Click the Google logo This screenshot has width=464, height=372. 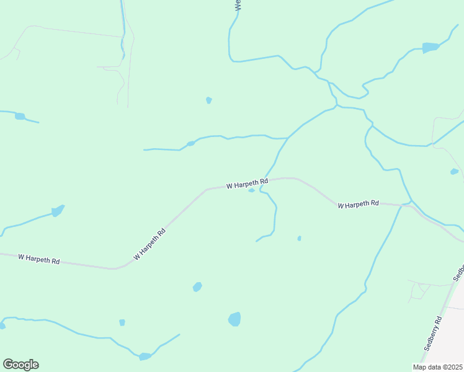pos(20,365)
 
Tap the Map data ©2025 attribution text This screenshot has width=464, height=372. pos(438,367)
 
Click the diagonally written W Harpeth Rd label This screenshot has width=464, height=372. pos(149,244)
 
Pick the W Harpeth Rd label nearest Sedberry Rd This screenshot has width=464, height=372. pos(359,204)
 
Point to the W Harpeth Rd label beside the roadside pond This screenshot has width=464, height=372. pos(247,184)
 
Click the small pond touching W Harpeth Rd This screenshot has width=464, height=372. pos(251,190)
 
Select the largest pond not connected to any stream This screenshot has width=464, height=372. pos(234,319)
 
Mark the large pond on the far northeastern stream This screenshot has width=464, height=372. pos(430,47)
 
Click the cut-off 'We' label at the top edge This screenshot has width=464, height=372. pos(238,5)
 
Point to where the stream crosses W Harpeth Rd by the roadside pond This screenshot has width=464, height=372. pos(266,180)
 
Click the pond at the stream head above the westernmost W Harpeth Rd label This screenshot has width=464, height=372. pos(57,211)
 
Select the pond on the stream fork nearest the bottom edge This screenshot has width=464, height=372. pos(145,356)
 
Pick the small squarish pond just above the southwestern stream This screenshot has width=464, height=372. pos(122,322)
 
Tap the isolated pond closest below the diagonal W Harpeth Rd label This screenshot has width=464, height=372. pos(197,286)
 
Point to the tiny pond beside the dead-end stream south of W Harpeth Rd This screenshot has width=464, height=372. pos(299,238)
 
